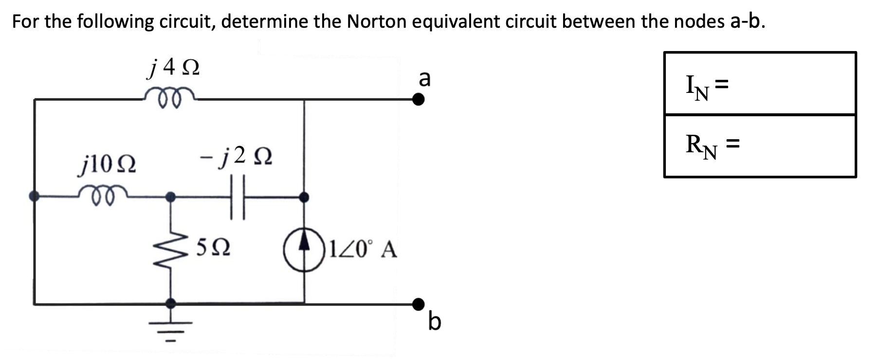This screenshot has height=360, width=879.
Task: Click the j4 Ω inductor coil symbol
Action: pos(170,95)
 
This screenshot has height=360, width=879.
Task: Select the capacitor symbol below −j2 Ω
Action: pos(237,197)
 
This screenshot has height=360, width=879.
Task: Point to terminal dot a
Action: pos(418,100)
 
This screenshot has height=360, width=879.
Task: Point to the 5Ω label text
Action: pos(213,248)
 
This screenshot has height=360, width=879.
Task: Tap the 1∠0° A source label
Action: pos(363,250)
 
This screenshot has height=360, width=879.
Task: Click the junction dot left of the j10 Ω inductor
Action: pos(34,197)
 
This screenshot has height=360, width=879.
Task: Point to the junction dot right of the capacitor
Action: pos(304,197)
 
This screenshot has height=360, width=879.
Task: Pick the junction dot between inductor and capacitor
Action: pos(170,197)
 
